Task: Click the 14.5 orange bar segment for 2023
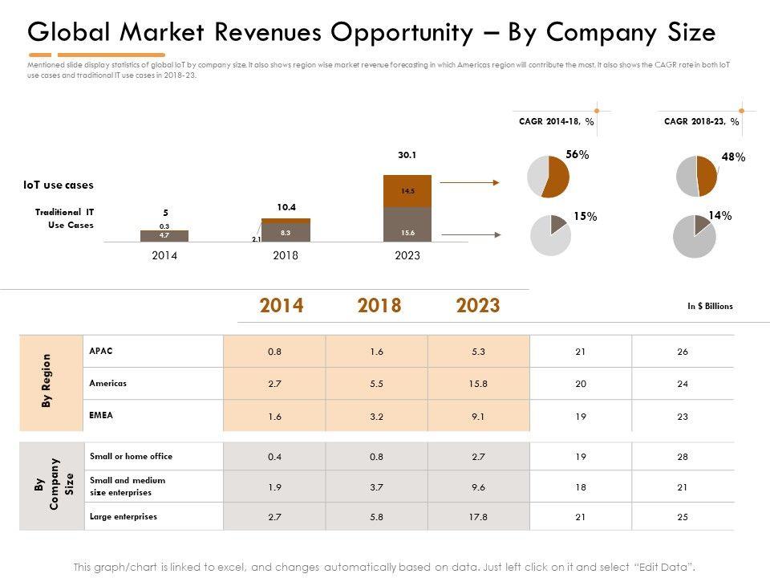tap(407, 191)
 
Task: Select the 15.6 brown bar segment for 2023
tap(407, 225)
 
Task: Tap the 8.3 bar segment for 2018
tap(286, 232)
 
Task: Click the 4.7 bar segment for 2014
tap(164, 236)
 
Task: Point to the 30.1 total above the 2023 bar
tap(407, 155)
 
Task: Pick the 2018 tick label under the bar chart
tap(286, 256)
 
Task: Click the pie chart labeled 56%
tap(547, 176)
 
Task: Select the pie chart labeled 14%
tap(694, 236)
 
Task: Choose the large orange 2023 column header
tap(478, 306)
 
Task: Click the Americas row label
tap(108, 384)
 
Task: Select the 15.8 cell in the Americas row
tap(478, 384)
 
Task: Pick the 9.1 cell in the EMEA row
tap(478, 416)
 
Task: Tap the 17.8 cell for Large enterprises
tap(478, 517)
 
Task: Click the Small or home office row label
tap(132, 456)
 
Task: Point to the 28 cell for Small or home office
tap(683, 457)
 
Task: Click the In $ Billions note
tap(710, 306)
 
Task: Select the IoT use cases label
tap(59, 185)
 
